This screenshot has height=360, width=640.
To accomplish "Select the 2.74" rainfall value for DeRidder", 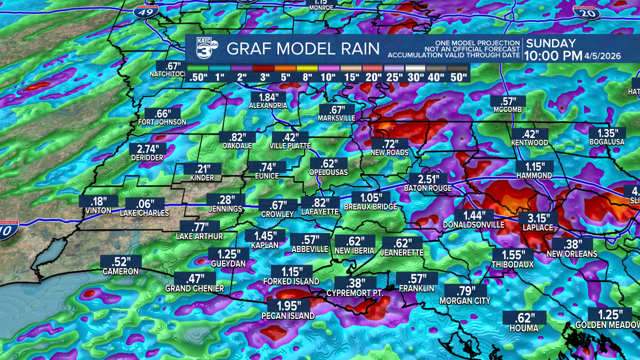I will click(147, 149).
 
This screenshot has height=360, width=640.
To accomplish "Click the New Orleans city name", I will click(571, 254).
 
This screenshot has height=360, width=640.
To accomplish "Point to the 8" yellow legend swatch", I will click(307, 68).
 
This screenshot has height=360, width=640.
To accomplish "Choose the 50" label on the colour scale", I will click(458, 77).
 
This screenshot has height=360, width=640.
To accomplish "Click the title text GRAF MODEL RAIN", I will click(303, 49).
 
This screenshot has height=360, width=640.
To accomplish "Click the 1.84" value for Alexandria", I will click(268, 97).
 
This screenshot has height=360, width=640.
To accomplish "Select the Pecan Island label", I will click(288, 316).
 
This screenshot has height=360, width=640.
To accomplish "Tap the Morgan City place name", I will click(465, 301).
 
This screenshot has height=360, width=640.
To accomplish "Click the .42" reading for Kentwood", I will click(529, 134).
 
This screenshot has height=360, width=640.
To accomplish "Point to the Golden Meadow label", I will click(607, 325).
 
